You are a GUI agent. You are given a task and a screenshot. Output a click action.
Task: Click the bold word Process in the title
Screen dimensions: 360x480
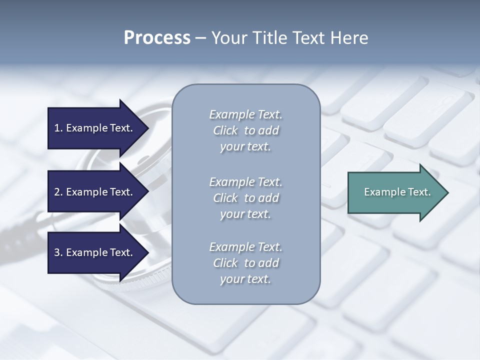(x=157, y=38)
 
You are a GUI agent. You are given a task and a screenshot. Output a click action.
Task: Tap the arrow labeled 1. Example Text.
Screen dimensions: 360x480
(x=95, y=128)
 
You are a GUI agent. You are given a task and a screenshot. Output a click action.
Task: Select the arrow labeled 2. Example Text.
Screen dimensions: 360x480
(x=95, y=192)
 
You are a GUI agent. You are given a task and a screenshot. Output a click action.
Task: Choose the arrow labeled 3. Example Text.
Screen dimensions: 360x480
(x=95, y=252)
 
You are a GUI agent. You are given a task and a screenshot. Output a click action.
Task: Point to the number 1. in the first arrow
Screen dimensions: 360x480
(x=58, y=128)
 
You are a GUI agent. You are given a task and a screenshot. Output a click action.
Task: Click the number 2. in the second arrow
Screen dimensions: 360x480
(x=58, y=192)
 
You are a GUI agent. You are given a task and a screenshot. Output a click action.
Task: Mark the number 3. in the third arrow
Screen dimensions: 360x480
(x=58, y=252)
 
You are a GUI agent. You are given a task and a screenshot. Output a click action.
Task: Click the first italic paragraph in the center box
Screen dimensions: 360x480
(x=245, y=130)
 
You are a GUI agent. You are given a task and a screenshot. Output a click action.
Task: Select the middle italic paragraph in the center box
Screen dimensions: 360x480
(x=245, y=197)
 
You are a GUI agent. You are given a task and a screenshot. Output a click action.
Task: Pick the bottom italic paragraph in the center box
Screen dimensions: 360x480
(x=245, y=263)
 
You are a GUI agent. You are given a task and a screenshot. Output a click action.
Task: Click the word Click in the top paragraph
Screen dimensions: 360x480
(x=225, y=130)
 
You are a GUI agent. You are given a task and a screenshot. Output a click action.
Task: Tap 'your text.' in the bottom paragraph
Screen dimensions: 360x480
(x=245, y=279)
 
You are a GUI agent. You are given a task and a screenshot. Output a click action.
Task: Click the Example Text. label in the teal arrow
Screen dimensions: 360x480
(x=397, y=192)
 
